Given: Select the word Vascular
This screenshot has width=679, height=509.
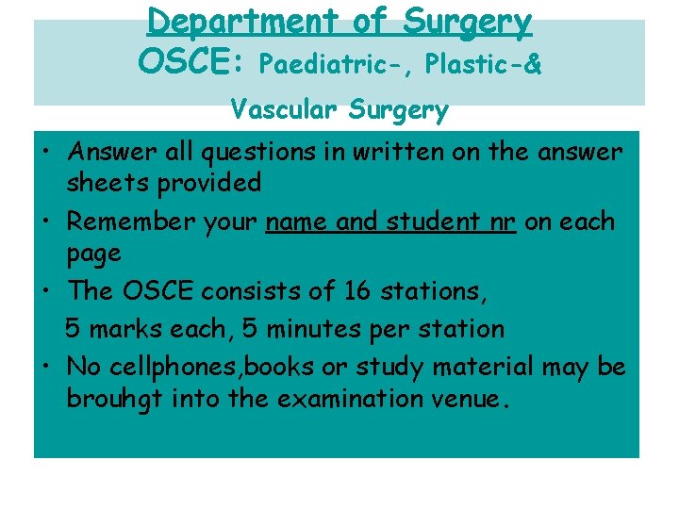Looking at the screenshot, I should (x=283, y=110).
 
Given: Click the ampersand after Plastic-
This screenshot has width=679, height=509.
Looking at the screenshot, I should (x=532, y=64).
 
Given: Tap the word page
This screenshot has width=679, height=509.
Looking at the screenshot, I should (x=93, y=254).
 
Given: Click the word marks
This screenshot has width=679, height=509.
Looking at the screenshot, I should (x=129, y=329).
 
